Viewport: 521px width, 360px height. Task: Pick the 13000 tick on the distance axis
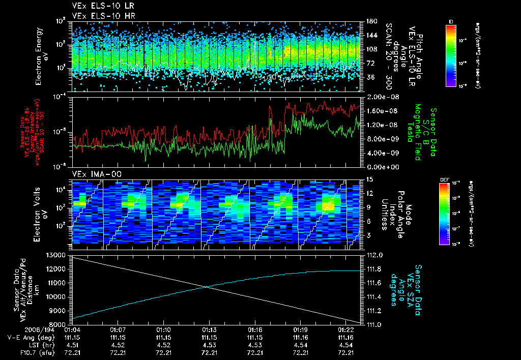pyautogui.click(x=56, y=255)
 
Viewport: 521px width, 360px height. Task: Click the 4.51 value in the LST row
pyautogui.click(x=72, y=345)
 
